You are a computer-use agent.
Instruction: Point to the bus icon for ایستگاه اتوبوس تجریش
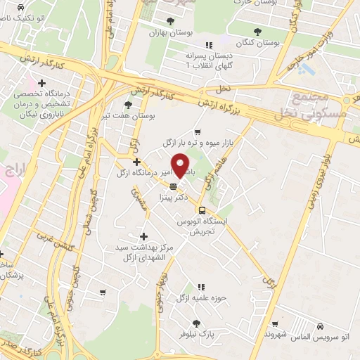pos(202,210)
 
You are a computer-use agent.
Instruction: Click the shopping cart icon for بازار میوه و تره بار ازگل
pos(198,131)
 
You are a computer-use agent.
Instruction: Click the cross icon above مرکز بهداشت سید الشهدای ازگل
pos(144,237)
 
